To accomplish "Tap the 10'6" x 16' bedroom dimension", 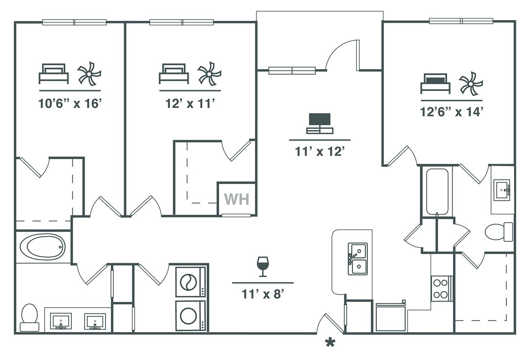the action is click(x=70, y=103).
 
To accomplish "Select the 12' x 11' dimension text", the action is click(x=190, y=103).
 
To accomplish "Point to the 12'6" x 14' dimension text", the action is click(x=451, y=112).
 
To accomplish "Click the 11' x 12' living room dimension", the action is click(x=320, y=151).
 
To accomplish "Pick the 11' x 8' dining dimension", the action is click(x=263, y=294).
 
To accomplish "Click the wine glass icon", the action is click(x=263, y=266).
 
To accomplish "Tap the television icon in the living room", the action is click(x=320, y=124).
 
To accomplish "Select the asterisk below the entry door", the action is click(x=330, y=343).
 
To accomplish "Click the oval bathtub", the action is click(x=43, y=247).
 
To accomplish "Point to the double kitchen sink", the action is click(x=358, y=259).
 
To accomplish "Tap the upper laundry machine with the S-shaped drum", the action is click(x=190, y=282).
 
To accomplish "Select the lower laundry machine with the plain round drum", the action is click(x=190, y=315).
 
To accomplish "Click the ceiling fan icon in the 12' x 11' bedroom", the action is click(x=209, y=74).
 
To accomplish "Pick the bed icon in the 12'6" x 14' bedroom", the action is click(x=435, y=83).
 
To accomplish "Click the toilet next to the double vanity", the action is click(x=29, y=317).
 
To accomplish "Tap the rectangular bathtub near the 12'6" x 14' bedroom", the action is click(x=437, y=191).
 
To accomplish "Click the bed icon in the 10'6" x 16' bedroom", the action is click(x=54, y=74).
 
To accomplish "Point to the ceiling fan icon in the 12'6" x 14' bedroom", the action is click(x=471, y=83).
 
